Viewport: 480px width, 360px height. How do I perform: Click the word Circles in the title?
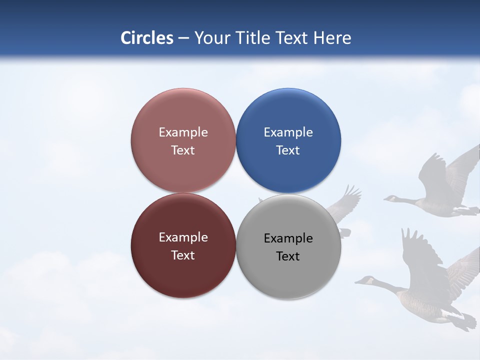[147, 38]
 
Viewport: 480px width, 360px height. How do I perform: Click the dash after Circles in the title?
[183, 38]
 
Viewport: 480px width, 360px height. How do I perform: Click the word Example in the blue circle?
[288, 132]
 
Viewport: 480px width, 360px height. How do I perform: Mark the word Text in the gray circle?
[288, 256]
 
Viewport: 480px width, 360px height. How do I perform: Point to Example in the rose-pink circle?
[183, 132]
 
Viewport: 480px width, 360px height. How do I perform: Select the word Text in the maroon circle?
[183, 255]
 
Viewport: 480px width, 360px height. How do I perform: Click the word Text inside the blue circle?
[288, 150]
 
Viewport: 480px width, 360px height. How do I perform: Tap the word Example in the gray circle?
[288, 238]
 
